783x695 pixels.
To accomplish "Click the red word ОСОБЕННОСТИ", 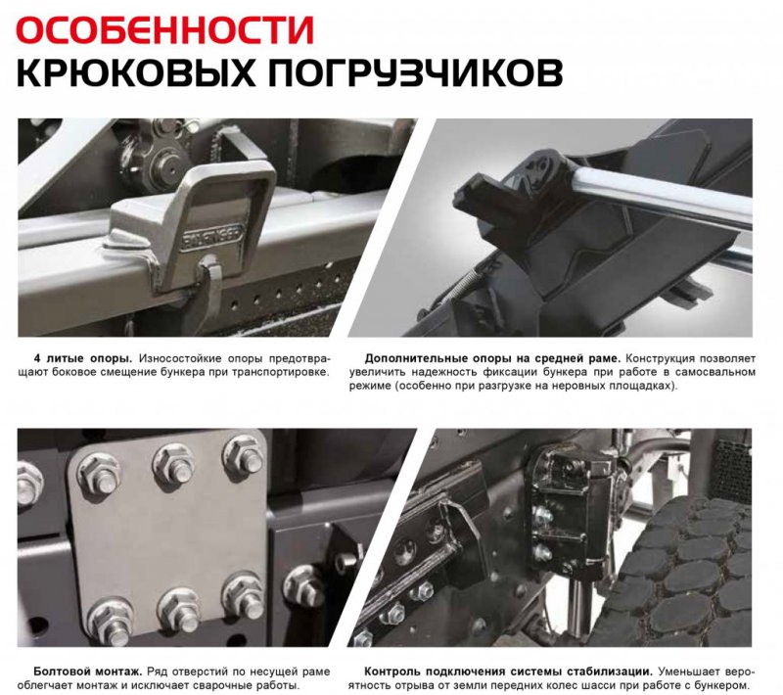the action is coord(165,30).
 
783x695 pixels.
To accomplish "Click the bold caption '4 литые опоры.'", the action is coord(83,358).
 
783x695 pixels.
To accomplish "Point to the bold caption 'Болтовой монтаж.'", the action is coord(88,672).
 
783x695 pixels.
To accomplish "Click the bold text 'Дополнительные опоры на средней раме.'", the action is coord(492,358).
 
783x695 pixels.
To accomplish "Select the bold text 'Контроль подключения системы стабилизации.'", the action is coord(508,672).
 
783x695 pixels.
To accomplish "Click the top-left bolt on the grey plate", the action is coord(100,473).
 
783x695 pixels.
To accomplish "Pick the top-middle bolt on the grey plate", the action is coord(174,466).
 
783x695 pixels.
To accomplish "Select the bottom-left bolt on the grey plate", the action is coord(110,621).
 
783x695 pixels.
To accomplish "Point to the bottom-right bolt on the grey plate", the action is coord(244,595).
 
